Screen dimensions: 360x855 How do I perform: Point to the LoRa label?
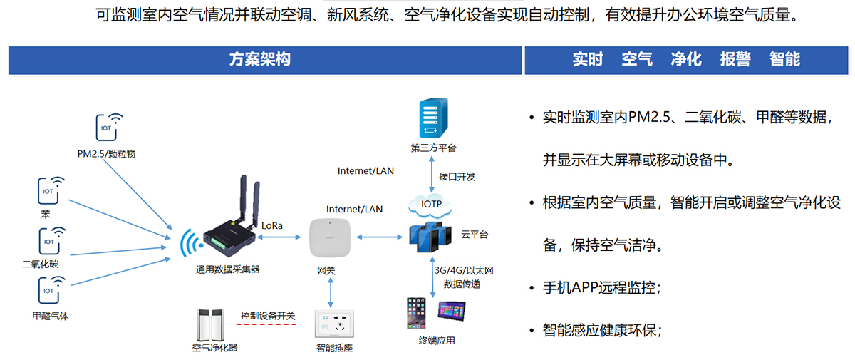coord(272,225)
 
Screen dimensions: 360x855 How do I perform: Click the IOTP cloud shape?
coord(432,205)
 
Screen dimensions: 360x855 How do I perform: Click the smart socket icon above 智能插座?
coord(334,324)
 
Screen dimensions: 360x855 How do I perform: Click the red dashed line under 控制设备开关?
coord(266,324)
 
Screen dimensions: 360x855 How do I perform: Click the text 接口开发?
coord(457,177)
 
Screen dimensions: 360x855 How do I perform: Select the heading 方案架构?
coord(260,60)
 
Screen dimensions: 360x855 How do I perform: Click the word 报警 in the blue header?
coord(735,60)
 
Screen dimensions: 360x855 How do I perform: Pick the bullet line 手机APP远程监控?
coord(601,288)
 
